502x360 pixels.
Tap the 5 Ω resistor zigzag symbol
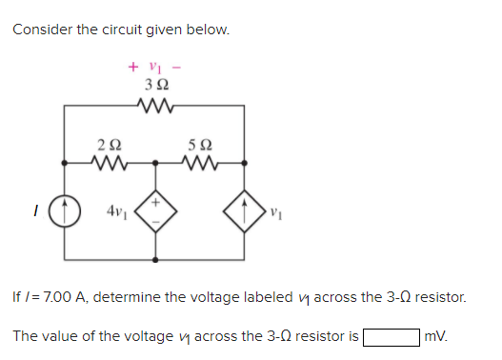click(201, 162)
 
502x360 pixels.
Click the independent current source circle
click(64, 210)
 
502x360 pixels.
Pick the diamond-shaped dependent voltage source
click(154, 210)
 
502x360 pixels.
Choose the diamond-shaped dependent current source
click(247, 210)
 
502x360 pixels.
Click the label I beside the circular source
click(35, 210)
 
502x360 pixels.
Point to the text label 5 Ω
click(201, 144)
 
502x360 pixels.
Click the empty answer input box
click(390, 336)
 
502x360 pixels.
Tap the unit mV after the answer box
click(435, 336)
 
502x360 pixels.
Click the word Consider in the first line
click(40, 30)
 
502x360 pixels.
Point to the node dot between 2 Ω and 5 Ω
click(154, 162)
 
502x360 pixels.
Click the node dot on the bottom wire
click(154, 258)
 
